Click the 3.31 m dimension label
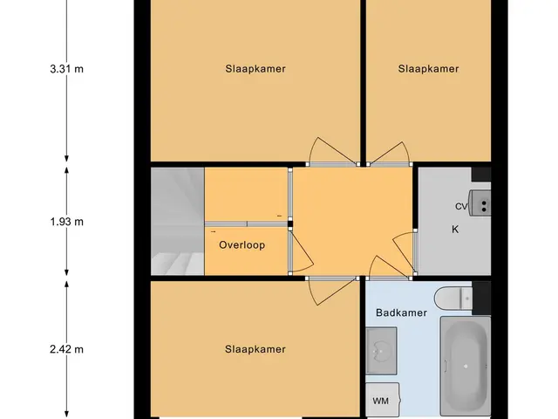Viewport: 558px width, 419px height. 67,68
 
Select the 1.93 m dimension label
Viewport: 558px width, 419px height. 67,222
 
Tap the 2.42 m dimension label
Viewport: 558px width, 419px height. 67,349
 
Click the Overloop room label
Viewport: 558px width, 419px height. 242,245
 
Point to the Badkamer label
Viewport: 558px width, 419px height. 401,313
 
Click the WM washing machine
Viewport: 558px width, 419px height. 382,400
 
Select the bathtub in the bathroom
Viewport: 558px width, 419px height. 466,367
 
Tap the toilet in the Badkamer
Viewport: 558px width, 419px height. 453,298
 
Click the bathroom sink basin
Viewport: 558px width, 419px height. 381,351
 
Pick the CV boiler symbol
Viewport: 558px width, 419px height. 480,203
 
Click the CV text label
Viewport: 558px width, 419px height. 461,206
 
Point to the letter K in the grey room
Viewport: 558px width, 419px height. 455,230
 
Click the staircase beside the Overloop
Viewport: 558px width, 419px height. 178,221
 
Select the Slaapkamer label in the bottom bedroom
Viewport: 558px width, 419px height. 255,349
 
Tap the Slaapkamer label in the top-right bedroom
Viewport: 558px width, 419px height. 428,69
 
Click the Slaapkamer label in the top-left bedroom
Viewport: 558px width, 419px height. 255,69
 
